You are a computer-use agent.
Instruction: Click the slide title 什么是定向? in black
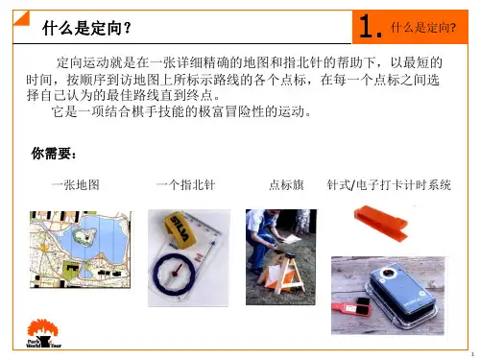(86, 28)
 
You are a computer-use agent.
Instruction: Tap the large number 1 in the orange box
(367, 26)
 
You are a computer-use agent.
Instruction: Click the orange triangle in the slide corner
(20, 18)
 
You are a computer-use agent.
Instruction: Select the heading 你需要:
(54, 154)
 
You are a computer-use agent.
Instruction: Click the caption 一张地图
(76, 184)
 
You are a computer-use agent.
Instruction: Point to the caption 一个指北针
(185, 184)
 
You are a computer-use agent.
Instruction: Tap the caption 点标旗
(286, 184)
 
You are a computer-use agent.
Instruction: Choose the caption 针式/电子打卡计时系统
(389, 184)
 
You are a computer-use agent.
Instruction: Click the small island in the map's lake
(84, 236)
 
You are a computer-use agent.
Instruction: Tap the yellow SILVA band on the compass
(179, 229)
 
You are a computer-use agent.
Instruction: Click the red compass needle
(177, 271)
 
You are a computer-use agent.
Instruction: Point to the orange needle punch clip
(381, 223)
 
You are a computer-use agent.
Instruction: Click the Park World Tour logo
(43, 333)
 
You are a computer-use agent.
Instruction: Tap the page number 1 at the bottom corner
(472, 354)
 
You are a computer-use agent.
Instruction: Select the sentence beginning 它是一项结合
(181, 111)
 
